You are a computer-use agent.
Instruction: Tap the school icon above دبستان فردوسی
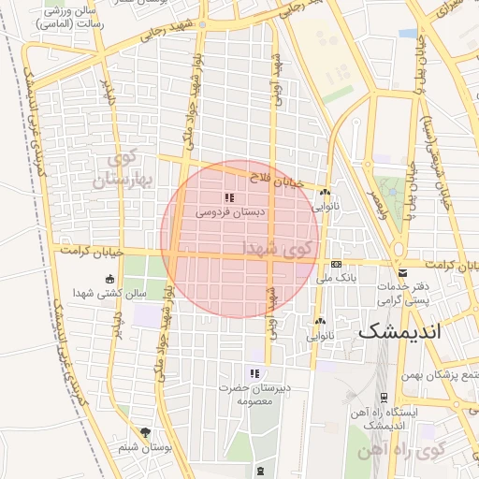click(x=228, y=197)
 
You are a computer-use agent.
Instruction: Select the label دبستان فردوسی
click(x=229, y=213)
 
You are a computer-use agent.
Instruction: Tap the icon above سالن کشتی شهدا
click(x=111, y=279)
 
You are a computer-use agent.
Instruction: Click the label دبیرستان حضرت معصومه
click(x=251, y=394)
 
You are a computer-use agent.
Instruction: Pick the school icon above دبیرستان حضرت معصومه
click(x=254, y=373)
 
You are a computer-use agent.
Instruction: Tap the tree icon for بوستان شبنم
click(x=145, y=432)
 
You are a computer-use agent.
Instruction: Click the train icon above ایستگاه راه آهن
click(x=384, y=398)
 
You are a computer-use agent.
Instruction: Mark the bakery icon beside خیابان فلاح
click(x=325, y=192)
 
